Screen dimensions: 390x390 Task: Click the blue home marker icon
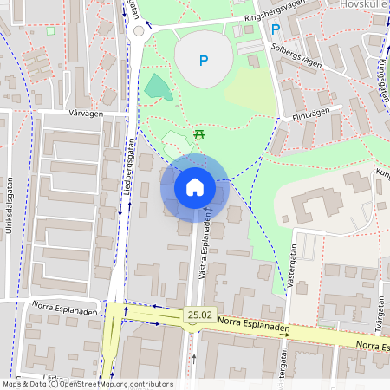[194, 186]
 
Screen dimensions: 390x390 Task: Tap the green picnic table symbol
[199, 133]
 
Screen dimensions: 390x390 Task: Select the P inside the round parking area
[205, 61]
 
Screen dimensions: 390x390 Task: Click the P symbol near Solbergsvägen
[276, 29]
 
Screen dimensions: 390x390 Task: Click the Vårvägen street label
[84, 114]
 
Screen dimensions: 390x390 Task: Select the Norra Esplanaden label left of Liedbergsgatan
[53, 304]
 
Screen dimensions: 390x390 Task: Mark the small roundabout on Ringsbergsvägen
[139, 30]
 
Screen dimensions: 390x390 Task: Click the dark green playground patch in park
[156, 87]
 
